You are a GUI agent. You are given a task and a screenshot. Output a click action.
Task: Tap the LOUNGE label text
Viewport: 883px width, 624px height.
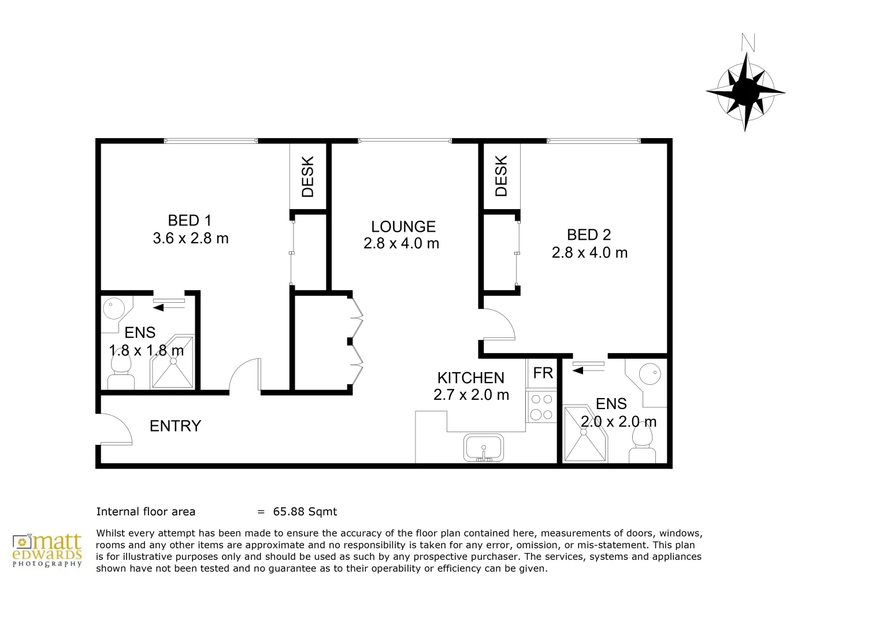(x=403, y=226)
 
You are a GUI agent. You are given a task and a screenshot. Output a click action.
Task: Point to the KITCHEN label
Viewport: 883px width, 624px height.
(x=470, y=378)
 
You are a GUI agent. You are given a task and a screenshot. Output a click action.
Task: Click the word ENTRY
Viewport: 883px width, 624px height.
(x=176, y=426)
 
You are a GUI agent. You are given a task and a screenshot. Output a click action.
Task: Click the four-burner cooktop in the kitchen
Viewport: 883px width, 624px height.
(x=541, y=406)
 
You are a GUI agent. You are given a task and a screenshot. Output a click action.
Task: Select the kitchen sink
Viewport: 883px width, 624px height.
(x=484, y=447)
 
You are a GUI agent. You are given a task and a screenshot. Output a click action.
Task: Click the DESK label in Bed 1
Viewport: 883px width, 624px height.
(x=307, y=177)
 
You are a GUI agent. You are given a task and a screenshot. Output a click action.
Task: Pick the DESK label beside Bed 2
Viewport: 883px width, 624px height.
(x=500, y=176)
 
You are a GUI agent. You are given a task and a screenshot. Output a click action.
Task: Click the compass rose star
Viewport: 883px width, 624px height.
(x=745, y=92)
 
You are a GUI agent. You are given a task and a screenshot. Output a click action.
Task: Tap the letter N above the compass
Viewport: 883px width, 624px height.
(x=748, y=43)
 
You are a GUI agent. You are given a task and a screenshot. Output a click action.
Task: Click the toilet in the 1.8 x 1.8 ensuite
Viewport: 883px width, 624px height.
(x=121, y=370)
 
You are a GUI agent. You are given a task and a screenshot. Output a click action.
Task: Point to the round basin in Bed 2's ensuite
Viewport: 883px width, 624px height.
(x=650, y=373)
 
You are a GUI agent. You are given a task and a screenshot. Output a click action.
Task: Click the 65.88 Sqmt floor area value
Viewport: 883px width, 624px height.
(x=305, y=512)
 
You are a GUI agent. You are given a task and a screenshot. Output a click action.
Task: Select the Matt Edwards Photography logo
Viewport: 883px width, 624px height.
(x=47, y=550)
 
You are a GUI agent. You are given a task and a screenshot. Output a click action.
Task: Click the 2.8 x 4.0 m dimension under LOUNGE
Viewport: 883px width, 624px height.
(x=401, y=244)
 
